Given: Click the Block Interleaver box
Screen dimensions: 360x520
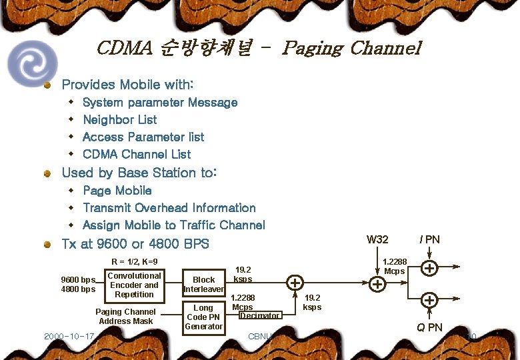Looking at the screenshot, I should pos(203,285).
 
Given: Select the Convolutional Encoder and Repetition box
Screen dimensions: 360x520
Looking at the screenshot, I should pos(134,285).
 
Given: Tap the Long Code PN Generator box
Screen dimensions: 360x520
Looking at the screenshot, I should pos(203,317).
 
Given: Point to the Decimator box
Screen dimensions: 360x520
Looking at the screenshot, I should pos(260,315).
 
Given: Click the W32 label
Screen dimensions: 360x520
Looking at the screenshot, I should pos(378,239).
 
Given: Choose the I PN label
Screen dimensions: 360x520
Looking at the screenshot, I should pos(429,239).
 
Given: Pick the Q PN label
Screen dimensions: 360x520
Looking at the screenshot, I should pos(429,327).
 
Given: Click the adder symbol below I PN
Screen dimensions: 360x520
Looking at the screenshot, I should pos(430,269).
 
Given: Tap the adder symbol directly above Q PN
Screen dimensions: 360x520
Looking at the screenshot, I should pos(430,300).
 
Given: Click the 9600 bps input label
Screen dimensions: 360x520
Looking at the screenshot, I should pos(78,279).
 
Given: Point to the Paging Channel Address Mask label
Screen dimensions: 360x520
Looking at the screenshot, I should pos(125,317).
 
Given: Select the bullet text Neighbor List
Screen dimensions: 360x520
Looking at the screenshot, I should pos(119,120).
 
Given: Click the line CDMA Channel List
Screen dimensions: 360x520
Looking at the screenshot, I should pos(136,155).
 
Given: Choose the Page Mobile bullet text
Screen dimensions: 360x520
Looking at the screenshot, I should pos(117,191).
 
